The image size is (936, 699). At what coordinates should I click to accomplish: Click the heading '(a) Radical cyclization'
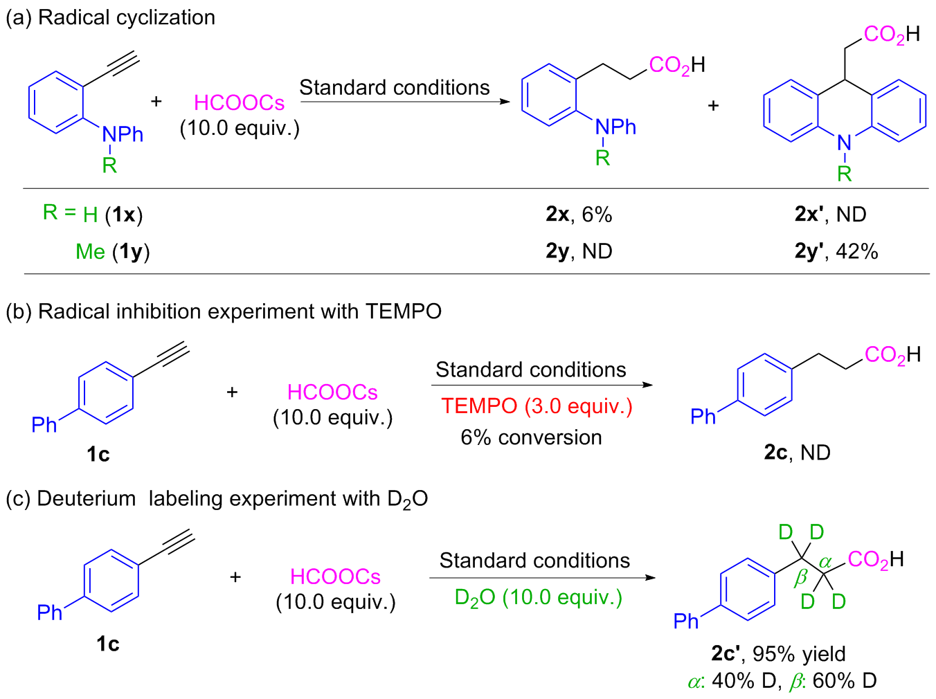[x=111, y=17]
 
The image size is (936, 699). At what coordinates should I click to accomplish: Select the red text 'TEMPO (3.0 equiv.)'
[x=537, y=406]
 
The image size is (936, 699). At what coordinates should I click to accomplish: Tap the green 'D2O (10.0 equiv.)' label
[x=538, y=597]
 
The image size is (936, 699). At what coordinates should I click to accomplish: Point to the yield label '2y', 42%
[x=836, y=251]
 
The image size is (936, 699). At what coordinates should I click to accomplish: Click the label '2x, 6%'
[x=579, y=215]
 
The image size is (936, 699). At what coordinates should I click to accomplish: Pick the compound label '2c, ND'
[x=797, y=453]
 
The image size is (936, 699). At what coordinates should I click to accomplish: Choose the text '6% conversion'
[x=531, y=437]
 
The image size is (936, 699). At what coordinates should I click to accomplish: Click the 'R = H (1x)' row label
[x=93, y=214]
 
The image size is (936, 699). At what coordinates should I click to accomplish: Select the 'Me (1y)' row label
[x=112, y=251]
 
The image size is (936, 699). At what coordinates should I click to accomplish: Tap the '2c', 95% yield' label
[x=778, y=653]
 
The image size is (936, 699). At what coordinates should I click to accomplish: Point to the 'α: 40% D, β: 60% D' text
[x=782, y=681]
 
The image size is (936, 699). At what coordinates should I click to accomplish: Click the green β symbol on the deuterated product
[x=801, y=578]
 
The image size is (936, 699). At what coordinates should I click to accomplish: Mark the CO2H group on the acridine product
[x=891, y=34]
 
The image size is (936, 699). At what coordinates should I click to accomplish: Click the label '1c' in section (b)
[x=98, y=454]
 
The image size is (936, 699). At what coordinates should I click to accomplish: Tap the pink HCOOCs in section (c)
[x=335, y=577]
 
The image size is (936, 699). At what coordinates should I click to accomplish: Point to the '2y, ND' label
[x=579, y=251]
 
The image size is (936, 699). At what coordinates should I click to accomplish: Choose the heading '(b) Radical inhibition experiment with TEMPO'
[x=223, y=311]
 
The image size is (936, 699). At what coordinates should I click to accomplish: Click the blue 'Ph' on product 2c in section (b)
[x=703, y=416]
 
